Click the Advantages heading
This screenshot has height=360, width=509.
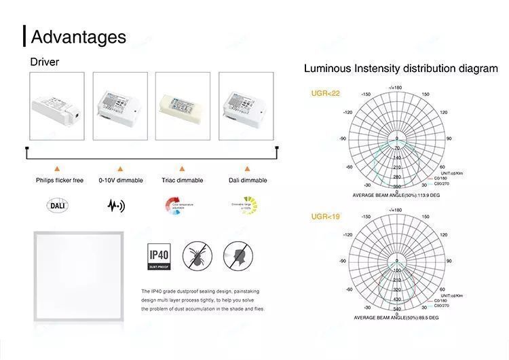click(79, 37)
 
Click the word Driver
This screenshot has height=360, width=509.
click(45, 62)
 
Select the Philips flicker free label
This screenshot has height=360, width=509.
click(60, 181)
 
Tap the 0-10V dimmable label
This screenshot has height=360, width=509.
click(121, 181)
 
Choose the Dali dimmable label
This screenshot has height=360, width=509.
click(248, 181)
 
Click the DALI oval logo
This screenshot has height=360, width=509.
click(58, 204)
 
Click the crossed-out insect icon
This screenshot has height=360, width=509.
click(197, 256)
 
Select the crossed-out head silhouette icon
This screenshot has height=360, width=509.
click(235, 256)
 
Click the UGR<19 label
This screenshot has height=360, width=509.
click(326, 217)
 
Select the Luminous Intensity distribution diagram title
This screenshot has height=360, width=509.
click(400, 69)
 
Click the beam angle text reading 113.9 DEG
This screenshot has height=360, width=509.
click(396, 195)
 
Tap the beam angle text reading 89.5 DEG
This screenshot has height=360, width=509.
click(396, 318)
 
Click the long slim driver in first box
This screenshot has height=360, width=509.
click(56, 107)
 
